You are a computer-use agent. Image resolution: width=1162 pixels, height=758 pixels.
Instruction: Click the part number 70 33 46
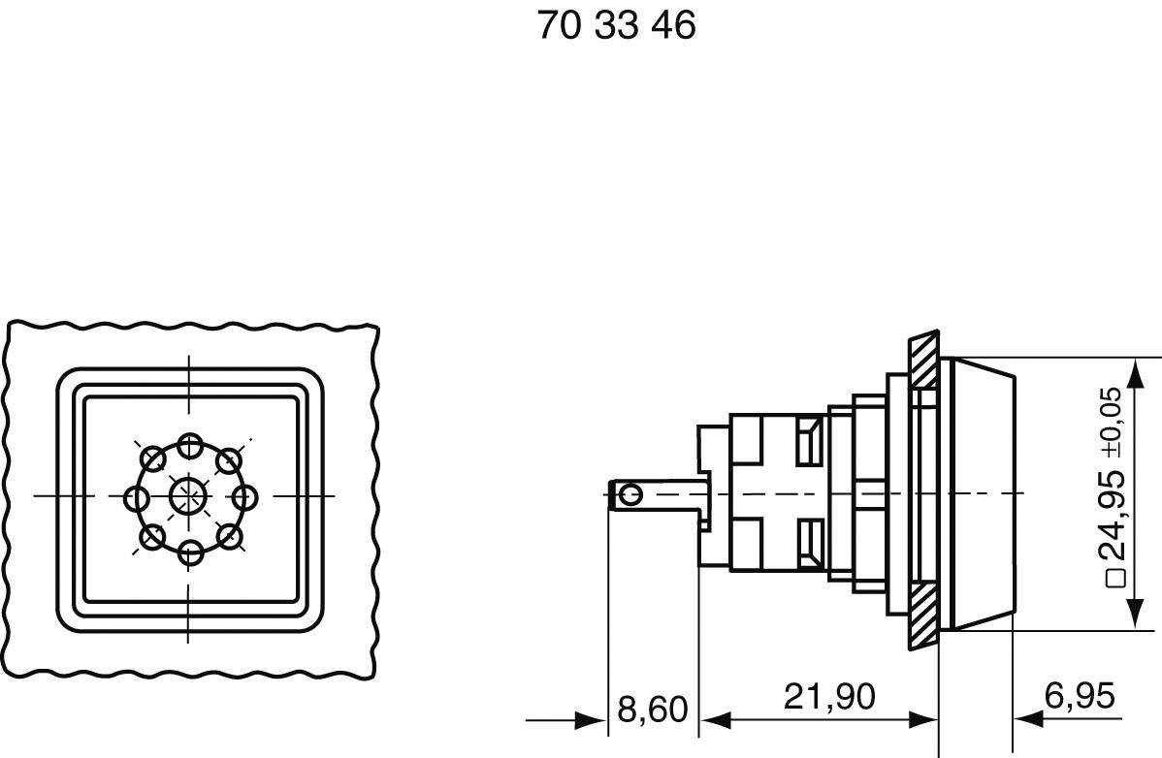pyautogui.click(x=616, y=26)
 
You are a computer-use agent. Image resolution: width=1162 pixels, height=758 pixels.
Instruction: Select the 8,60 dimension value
pyautogui.click(x=652, y=710)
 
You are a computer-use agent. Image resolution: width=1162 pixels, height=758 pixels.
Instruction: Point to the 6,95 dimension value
pyautogui.click(x=1079, y=696)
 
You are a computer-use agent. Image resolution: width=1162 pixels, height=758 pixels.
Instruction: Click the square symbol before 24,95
pyautogui.click(x=1116, y=579)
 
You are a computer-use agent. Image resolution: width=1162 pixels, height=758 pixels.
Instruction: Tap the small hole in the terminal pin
pyautogui.click(x=630, y=496)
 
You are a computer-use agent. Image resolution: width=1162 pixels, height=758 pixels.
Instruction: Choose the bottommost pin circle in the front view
pyautogui.click(x=190, y=553)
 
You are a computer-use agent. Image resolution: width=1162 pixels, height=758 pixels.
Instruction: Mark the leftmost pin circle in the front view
pyautogui.click(x=137, y=499)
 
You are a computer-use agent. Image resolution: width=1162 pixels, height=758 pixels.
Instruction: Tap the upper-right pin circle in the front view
pyautogui.click(x=228, y=459)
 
